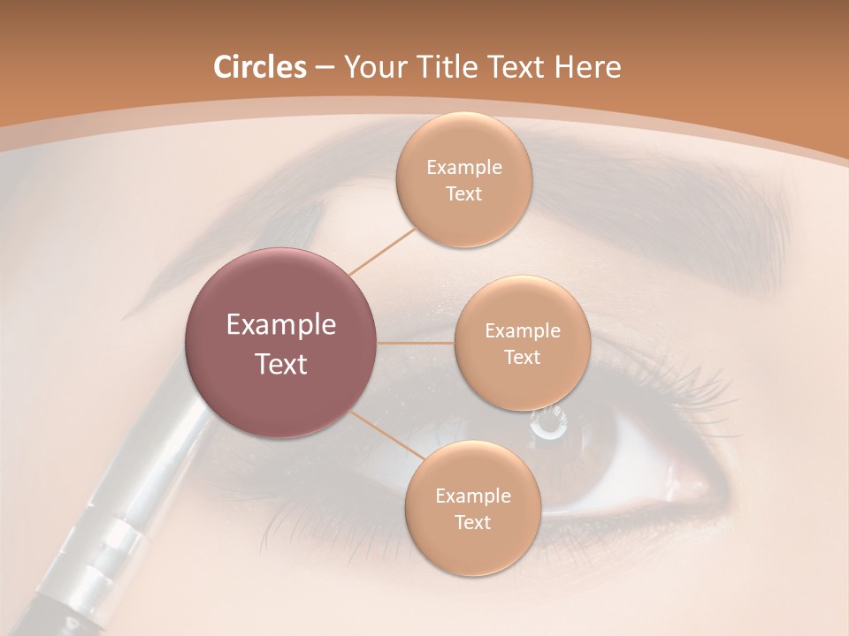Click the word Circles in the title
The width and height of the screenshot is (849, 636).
point(259,67)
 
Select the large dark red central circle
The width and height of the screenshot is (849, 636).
point(280,343)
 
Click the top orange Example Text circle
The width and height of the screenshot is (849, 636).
point(463,180)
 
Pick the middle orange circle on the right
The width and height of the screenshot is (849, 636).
point(522,343)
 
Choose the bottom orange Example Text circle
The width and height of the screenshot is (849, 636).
point(472,509)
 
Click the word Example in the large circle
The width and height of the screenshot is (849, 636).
point(280,325)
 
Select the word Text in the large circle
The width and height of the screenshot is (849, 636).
point(280,364)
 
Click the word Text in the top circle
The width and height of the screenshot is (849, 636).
point(463,193)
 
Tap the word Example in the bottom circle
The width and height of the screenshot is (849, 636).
point(472,496)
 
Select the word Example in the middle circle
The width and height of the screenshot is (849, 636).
point(522,330)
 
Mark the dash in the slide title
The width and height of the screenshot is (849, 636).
point(324,68)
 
